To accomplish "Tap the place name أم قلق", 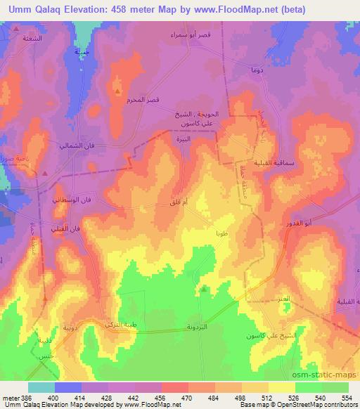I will (x=179, y=203).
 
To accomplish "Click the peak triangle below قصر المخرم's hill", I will (x=117, y=90).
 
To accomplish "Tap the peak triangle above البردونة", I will (x=204, y=287).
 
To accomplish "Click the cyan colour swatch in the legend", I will (x=41, y=387).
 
